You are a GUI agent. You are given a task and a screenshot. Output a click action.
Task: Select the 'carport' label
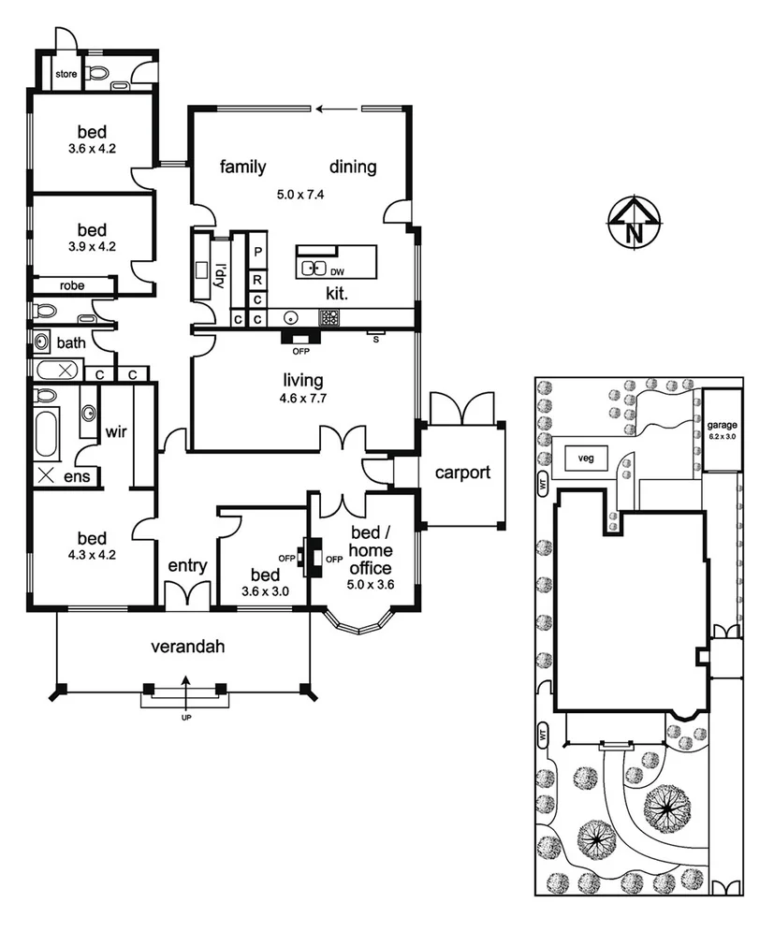(x=462, y=473)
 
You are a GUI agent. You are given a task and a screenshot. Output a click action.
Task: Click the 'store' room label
(x=66, y=74)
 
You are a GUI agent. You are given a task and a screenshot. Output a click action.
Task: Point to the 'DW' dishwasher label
(x=336, y=272)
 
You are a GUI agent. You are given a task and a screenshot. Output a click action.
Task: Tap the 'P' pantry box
(x=257, y=254)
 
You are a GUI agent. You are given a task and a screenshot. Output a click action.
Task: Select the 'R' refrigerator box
(x=257, y=278)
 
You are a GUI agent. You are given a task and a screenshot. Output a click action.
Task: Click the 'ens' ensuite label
(x=78, y=476)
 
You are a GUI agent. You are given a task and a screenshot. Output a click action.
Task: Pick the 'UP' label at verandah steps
(x=184, y=719)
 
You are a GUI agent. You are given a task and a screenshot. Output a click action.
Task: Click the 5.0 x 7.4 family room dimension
(x=299, y=196)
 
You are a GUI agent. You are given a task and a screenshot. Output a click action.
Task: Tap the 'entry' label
(x=187, y=565)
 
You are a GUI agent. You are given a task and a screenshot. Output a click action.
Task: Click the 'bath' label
(x=70, y=342)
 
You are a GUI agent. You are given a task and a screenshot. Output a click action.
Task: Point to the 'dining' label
(x=353, y=167)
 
